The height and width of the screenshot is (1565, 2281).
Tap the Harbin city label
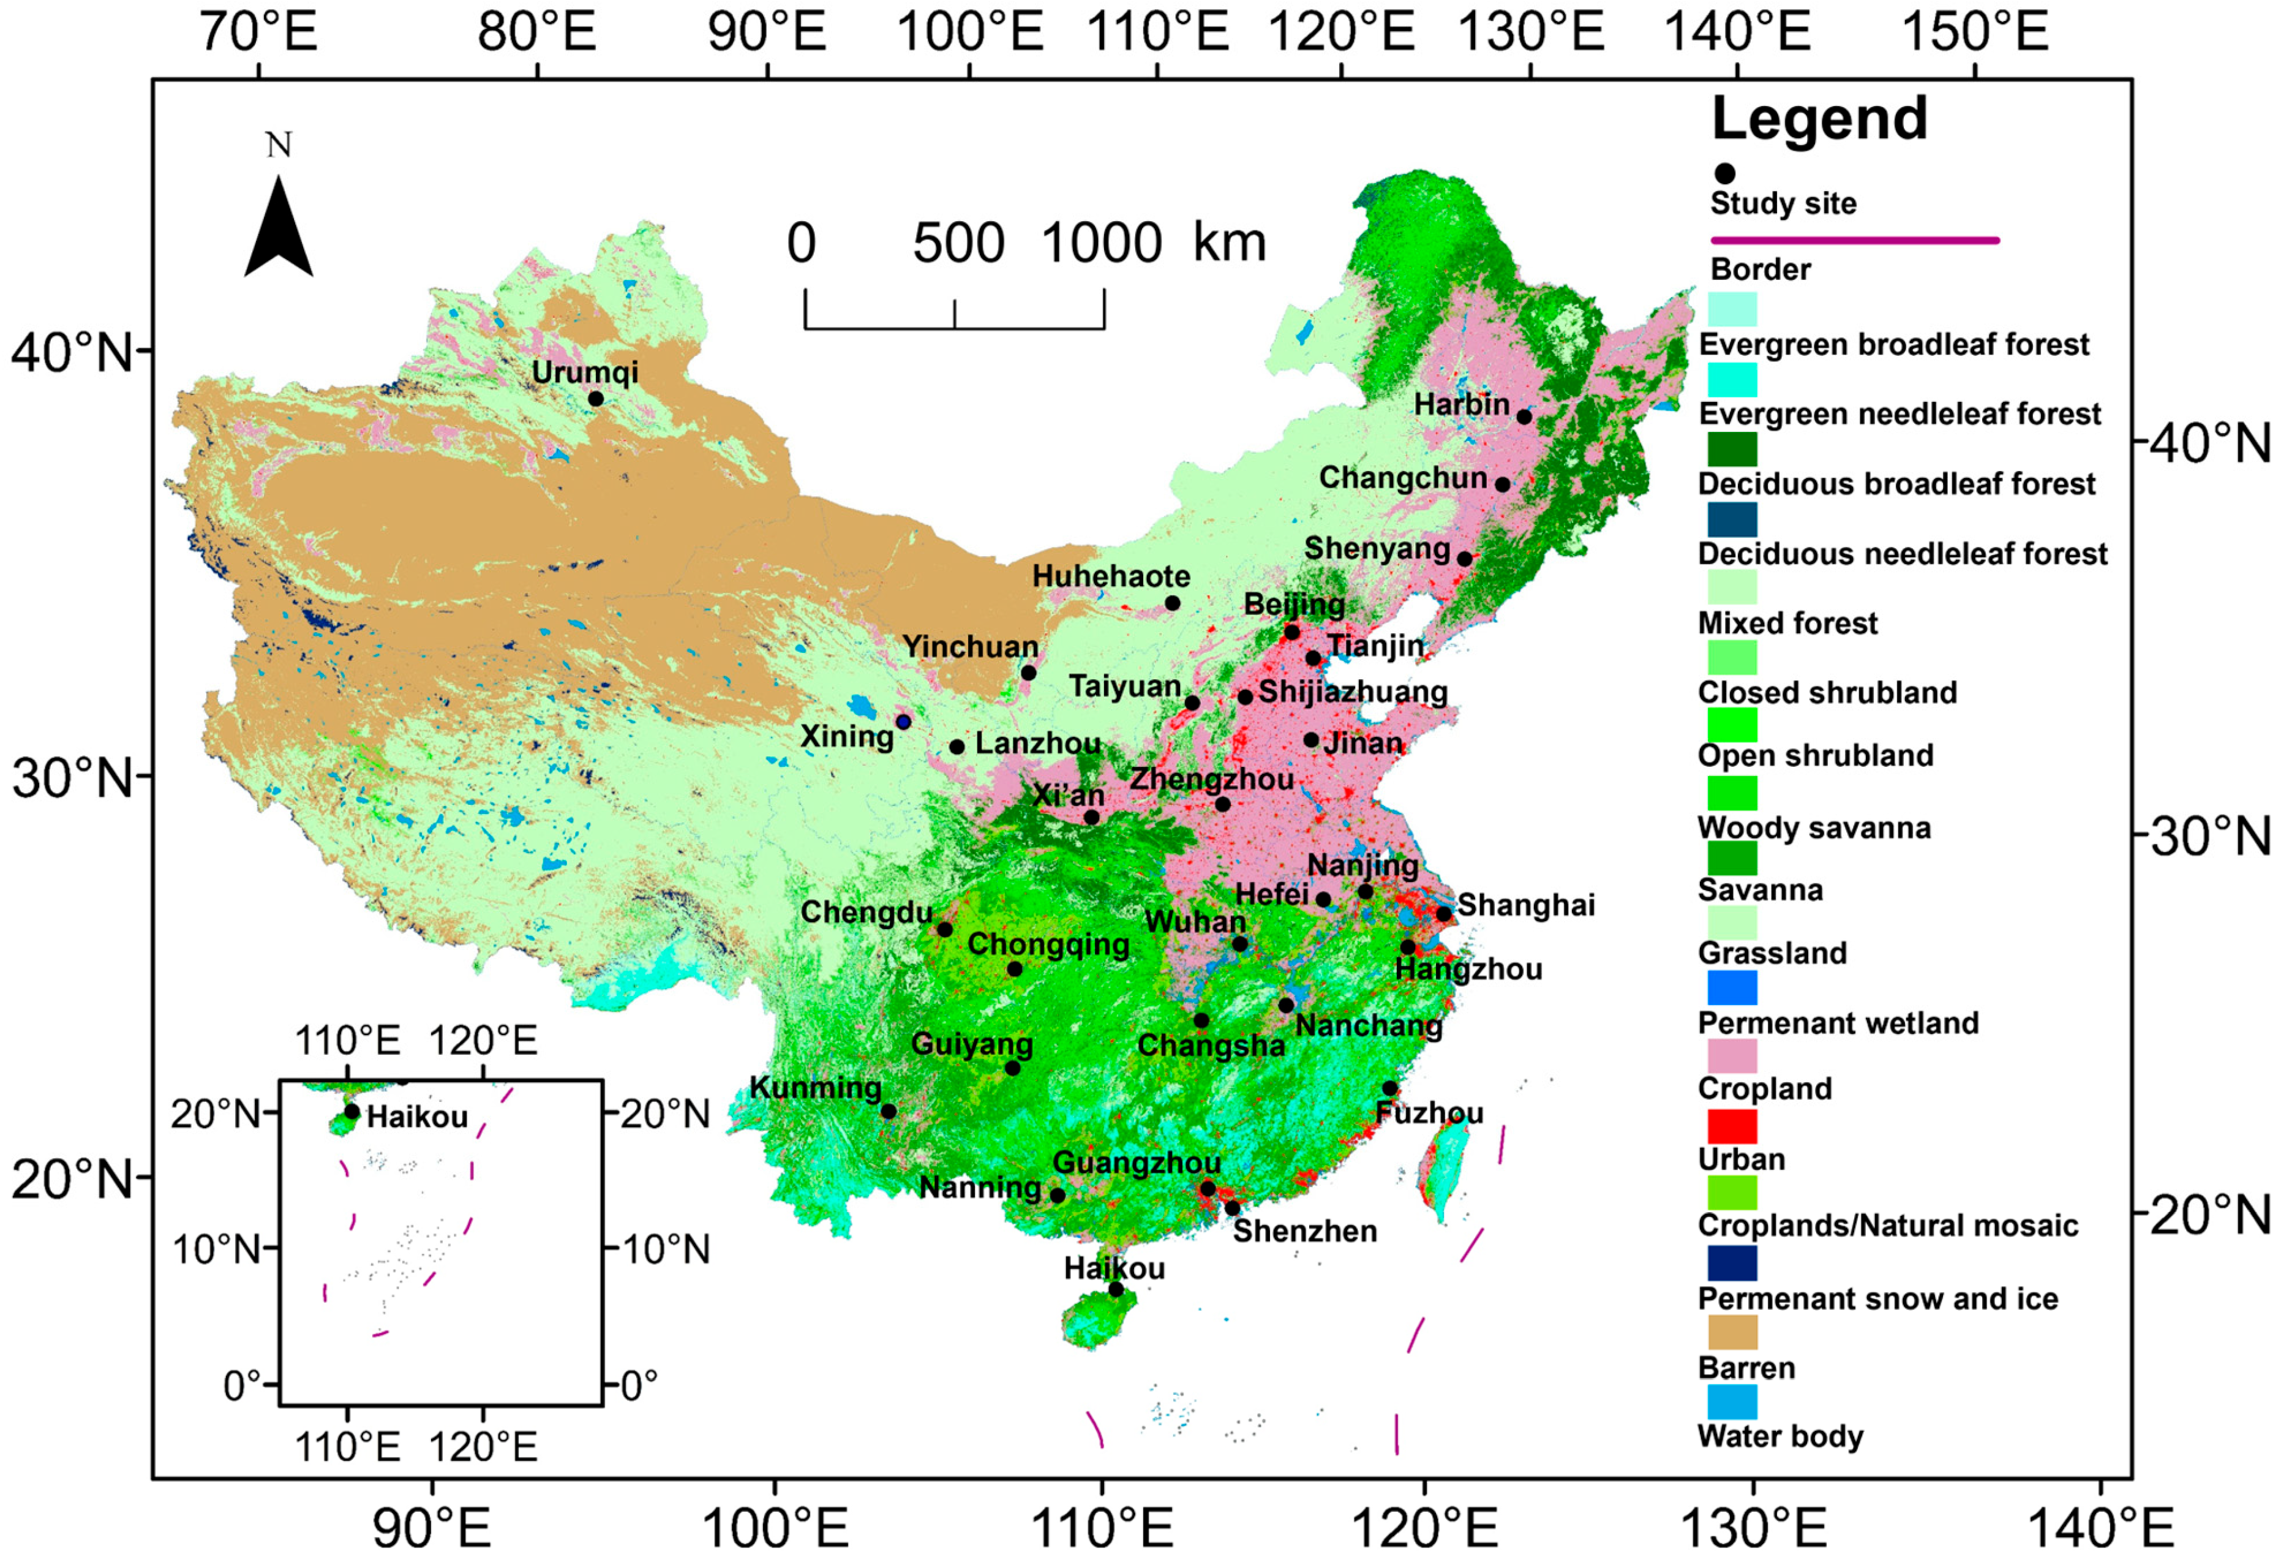click(1462, 404)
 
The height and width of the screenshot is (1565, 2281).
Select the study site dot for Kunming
click(889, 1111)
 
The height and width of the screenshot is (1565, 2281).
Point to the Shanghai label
click(1525, 905)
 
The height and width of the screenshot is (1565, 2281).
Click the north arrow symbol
click(279, 228)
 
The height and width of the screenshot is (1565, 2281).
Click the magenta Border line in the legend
click(1854, 239)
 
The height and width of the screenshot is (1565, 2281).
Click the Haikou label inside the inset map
click(417, 1117)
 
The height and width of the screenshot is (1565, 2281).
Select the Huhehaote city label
click(1110, 576)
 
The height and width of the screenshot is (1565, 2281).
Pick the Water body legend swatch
click(1732, 1402)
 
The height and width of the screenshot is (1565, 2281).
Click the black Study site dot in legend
click(1724, 174)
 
